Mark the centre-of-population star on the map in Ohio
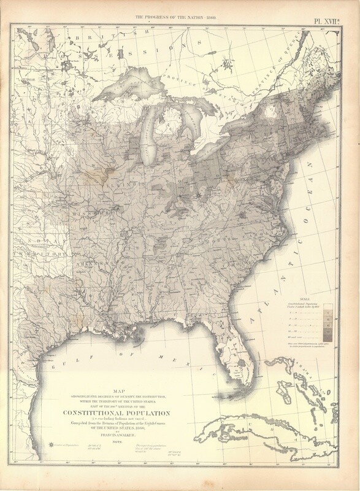pos(200,196)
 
